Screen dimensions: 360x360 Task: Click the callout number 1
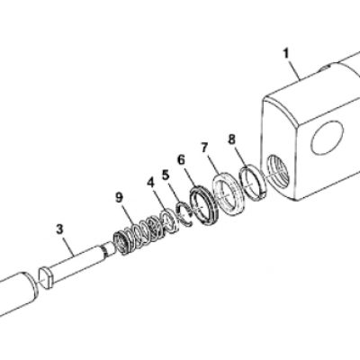[286, 54]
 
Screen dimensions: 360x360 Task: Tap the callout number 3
[59, 229]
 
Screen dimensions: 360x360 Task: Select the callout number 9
[120, 198]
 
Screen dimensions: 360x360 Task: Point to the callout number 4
[150, 183]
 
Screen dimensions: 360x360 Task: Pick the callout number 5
[166, 175]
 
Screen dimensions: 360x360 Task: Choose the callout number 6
[181, 159]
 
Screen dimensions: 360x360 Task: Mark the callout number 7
[204, 148]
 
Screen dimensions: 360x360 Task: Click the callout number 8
[232, 139]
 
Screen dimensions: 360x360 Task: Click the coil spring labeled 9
[138, 233]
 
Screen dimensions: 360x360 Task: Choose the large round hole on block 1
[328, 139]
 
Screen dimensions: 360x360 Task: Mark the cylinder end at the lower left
[18, 295]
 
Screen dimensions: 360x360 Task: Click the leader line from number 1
[295, 70]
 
